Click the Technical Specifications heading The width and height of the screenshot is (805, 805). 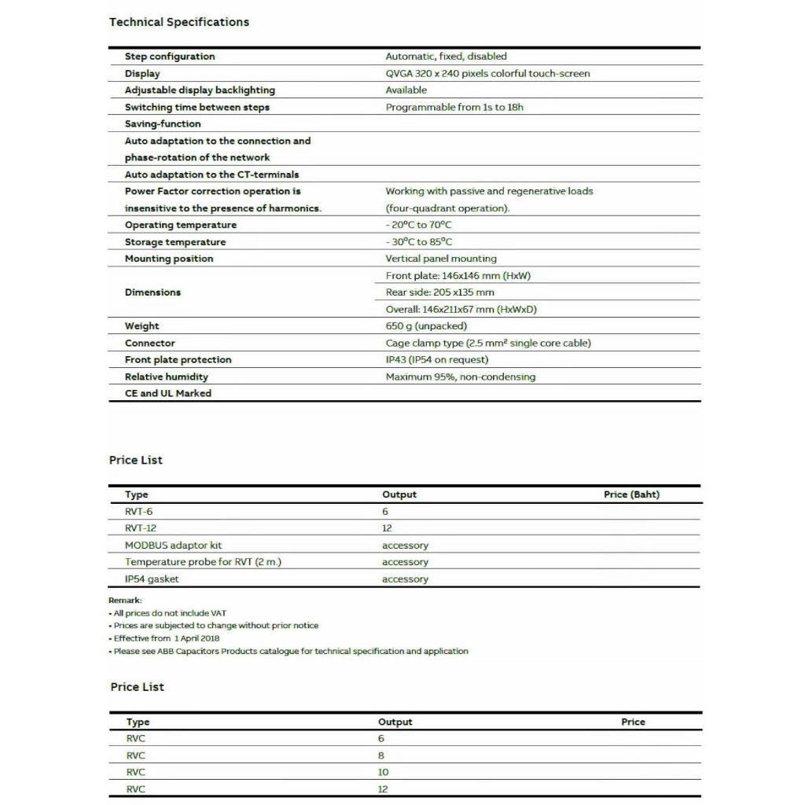[179, 22]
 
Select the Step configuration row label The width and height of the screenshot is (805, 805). [169, 57]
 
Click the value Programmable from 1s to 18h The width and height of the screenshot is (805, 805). [454, 107]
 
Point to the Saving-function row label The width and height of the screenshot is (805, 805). [163, 124]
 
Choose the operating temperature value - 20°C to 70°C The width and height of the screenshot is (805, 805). [418, 225]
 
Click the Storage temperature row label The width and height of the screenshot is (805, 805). [175, 242]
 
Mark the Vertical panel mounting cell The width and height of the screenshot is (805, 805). [441, 259]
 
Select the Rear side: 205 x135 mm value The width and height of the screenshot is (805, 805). [439, 292]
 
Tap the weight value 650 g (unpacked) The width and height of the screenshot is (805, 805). [426, 326]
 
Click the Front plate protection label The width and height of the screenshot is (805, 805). [178, 360]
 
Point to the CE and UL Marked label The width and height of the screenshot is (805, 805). [167, 393]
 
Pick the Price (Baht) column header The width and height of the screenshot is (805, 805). [631, 494]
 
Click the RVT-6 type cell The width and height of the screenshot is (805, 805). [138, 512]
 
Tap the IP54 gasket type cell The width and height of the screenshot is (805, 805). [152, 579]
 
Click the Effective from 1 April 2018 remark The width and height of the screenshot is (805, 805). [166, 638]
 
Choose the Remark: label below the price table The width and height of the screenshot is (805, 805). [125, 601]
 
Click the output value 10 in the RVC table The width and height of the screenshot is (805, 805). [383, 772]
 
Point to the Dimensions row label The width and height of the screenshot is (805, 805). [153, 292]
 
